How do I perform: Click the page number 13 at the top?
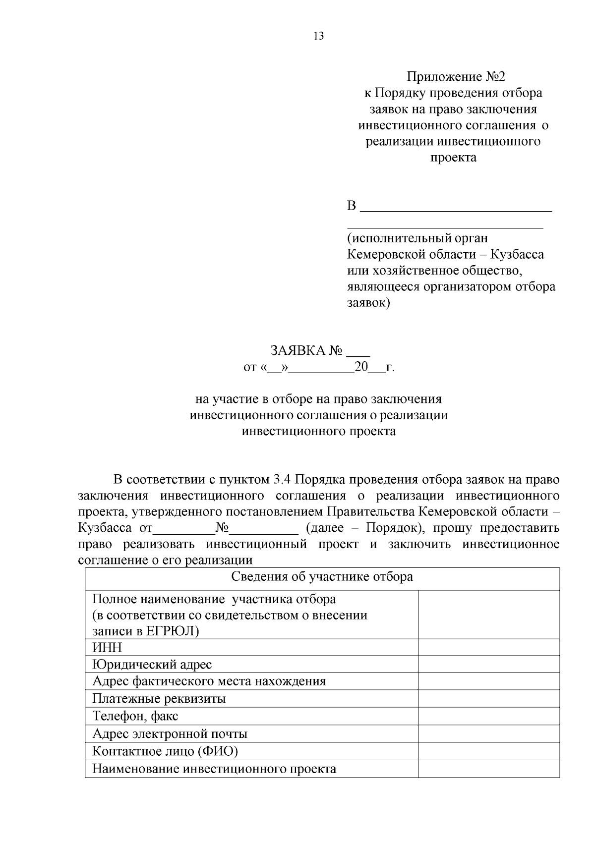tap(319, 36)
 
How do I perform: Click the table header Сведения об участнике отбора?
tap(322, 577)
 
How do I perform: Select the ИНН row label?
tap(107, 648)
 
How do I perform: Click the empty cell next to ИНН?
tap(488, 648)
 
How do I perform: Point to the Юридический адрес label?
tap(152, 665)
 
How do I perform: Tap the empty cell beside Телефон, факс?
tap(488, 716)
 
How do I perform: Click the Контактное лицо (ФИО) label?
tap(165, 751)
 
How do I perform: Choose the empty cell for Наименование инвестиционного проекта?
tap(488, 769)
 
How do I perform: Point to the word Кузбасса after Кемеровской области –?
tap(517, 255)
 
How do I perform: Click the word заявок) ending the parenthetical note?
tap(368, 303)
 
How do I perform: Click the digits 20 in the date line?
tap(361, 367)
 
